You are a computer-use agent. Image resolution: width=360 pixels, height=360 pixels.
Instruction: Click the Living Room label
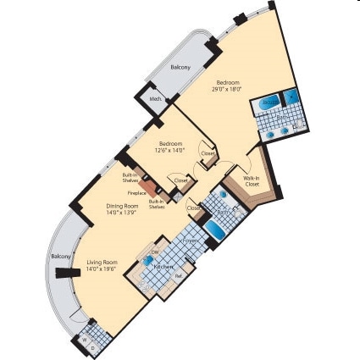coord(101,263)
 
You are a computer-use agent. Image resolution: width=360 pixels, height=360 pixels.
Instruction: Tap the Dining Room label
coord(122,206)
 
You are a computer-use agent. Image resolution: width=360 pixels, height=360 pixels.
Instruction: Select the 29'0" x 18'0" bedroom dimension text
coord(226,88)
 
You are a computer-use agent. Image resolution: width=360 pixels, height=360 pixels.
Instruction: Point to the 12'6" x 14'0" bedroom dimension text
coord(169,149)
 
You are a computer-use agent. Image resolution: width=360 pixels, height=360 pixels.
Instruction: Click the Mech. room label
coord(156,99)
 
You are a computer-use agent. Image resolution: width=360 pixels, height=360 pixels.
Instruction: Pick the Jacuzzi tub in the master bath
coord(269,102)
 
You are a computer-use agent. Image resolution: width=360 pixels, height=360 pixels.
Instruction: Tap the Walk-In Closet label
coord(252,180)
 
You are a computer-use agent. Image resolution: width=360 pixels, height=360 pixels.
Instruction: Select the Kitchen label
coord(163,265)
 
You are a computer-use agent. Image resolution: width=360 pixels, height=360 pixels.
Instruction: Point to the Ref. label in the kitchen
coord(178,275)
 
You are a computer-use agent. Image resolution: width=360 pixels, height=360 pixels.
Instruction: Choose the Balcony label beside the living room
coord(60,256)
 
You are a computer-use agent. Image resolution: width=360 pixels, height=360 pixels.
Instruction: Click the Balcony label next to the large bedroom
coord(180,67)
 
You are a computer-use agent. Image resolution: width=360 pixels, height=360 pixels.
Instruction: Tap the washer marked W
coord(86,340)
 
